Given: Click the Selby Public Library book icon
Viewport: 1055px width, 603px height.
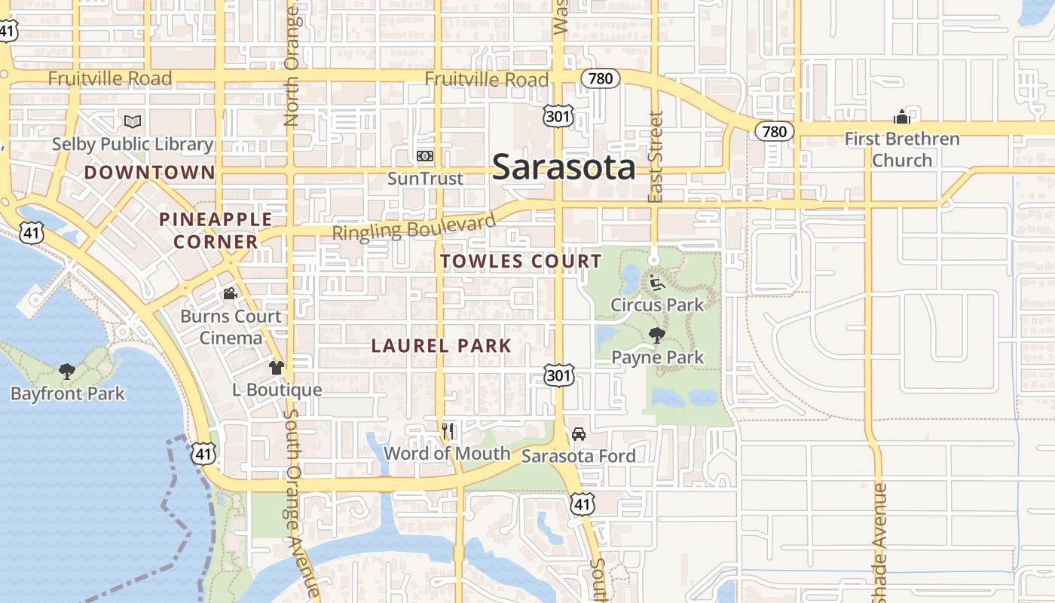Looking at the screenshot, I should pyautogui.click(x=133, y=121).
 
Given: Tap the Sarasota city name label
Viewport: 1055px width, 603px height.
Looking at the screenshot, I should pyautogui.click(x=564, y=167).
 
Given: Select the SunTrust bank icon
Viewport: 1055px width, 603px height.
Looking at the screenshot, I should pyautogui.click(x=425, y=156).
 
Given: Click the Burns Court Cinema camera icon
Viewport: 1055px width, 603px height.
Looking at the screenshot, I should pyautogui.click(x=230, y=293).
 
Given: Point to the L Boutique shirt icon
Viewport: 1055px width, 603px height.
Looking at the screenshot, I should pyautogui.click(x=277, y=368).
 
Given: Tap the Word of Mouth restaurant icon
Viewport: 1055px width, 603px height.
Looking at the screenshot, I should pyautogui.click(x=448, y=431).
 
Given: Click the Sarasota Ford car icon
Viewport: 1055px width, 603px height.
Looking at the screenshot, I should pyautogui.click(x=579, y=434).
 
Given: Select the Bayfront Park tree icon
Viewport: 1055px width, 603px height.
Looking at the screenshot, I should pyautogui.click(x=67, y=371).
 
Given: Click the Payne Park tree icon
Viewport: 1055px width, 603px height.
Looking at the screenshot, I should pyautogui.click(x=657, y=335).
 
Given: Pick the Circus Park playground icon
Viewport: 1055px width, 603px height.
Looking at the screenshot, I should pyautogui.click(x=657, y=283).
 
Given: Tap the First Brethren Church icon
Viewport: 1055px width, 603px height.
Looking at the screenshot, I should pyautogui.click(x=902, y=117).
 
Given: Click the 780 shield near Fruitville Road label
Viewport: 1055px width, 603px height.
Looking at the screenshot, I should pyautogui.click(x=601, y=78).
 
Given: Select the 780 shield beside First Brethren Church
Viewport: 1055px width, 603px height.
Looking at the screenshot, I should pyautogui.click(x=775, y=132).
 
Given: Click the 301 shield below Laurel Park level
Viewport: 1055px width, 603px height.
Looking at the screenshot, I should pyautogui.click(x=559, y=375).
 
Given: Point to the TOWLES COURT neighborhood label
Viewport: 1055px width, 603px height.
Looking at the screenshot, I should pyautogui.click(x=521, y=262).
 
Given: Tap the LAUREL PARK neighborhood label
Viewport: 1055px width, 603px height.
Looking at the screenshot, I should pyautogui.click(x=442, y=346).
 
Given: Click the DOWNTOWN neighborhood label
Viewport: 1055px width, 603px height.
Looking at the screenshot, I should pyautogui.click(x=149, y=173).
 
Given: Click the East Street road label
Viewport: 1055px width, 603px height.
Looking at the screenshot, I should pyautogui.click(x=656, y=157).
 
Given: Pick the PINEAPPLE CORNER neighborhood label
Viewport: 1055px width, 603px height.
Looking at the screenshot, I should pyautogui.click(x=216, y=231).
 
